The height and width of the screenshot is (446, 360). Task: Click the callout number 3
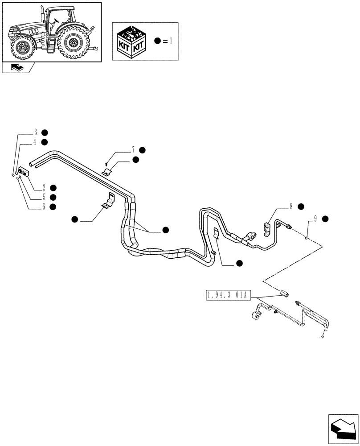click(x=35, y=132)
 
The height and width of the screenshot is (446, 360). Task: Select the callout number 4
click(x=35, y=142)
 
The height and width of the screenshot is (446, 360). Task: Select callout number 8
click(x=291, y=206)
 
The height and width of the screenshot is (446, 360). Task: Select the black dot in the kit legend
click(x=157, y=41)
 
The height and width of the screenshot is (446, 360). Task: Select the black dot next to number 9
click(x=325, y=219)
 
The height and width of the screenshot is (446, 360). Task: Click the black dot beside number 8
click(x=301, y=206)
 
